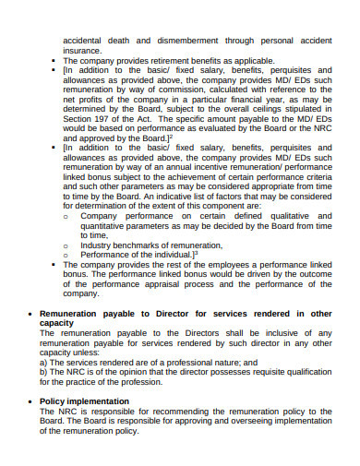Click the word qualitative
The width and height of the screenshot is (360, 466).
point(282,215)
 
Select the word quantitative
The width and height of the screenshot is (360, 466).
point(106,225)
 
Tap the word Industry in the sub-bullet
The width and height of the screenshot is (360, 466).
point(98,245)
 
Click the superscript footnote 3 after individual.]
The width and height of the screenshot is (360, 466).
point(197,253)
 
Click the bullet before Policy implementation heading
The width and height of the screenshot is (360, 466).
point(31,401)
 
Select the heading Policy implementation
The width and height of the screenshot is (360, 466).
point(84,401)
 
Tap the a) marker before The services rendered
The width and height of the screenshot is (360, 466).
point(44,363)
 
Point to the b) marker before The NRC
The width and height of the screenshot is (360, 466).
point(44,372)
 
